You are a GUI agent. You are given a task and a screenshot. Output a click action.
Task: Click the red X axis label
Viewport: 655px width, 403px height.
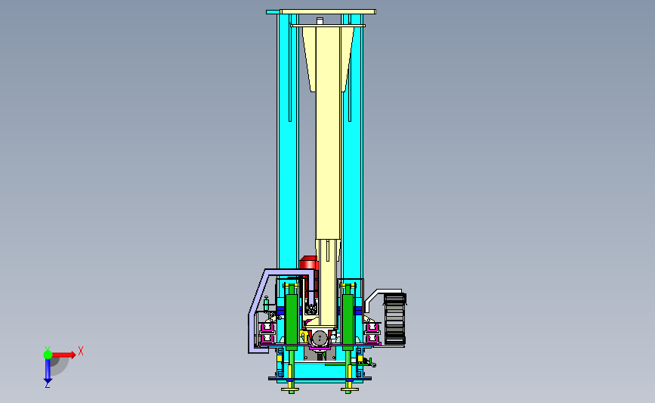click(81, 351)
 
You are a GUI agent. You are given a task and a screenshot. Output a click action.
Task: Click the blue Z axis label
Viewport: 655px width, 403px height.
click(47, 386)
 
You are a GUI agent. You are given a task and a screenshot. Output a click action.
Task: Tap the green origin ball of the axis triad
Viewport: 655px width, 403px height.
click(48, 355)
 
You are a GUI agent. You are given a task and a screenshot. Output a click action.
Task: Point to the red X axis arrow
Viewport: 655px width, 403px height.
click(63, 355)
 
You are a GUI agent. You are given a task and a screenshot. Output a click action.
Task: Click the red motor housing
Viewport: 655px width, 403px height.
click(309, 262)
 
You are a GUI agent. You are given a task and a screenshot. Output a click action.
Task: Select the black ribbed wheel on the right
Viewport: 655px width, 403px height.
click(395, 318)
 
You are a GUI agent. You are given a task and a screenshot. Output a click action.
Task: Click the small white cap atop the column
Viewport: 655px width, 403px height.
click(320, 21)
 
